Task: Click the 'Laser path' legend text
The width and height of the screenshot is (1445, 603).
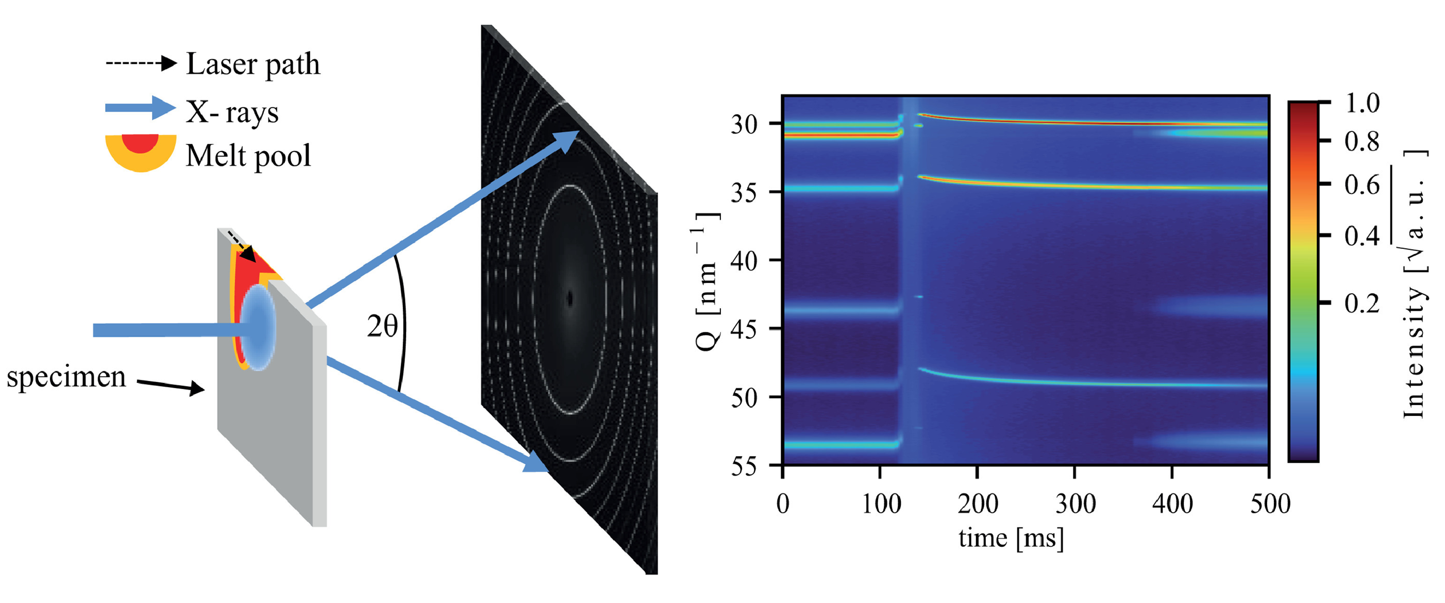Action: pos(253,64)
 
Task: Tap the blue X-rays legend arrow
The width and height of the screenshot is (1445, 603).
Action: pos(140,108)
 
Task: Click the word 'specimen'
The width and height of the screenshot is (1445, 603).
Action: pos(66,377)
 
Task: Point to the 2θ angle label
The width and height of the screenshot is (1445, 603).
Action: pos(382,326)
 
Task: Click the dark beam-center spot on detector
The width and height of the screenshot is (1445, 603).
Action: pos(570,298)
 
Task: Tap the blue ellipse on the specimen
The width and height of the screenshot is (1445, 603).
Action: pos(259,327)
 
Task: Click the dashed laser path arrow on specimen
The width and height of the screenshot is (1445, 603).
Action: pos(242,247)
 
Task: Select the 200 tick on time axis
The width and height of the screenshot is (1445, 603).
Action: pos(977,503)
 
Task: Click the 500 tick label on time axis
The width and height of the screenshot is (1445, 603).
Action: pos(1270,503)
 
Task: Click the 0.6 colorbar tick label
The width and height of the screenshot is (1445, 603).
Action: pos(1362,185)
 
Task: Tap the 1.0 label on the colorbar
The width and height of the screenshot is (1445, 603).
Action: pos(1362,103)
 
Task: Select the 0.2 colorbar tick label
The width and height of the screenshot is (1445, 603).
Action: pos(1362,304)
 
